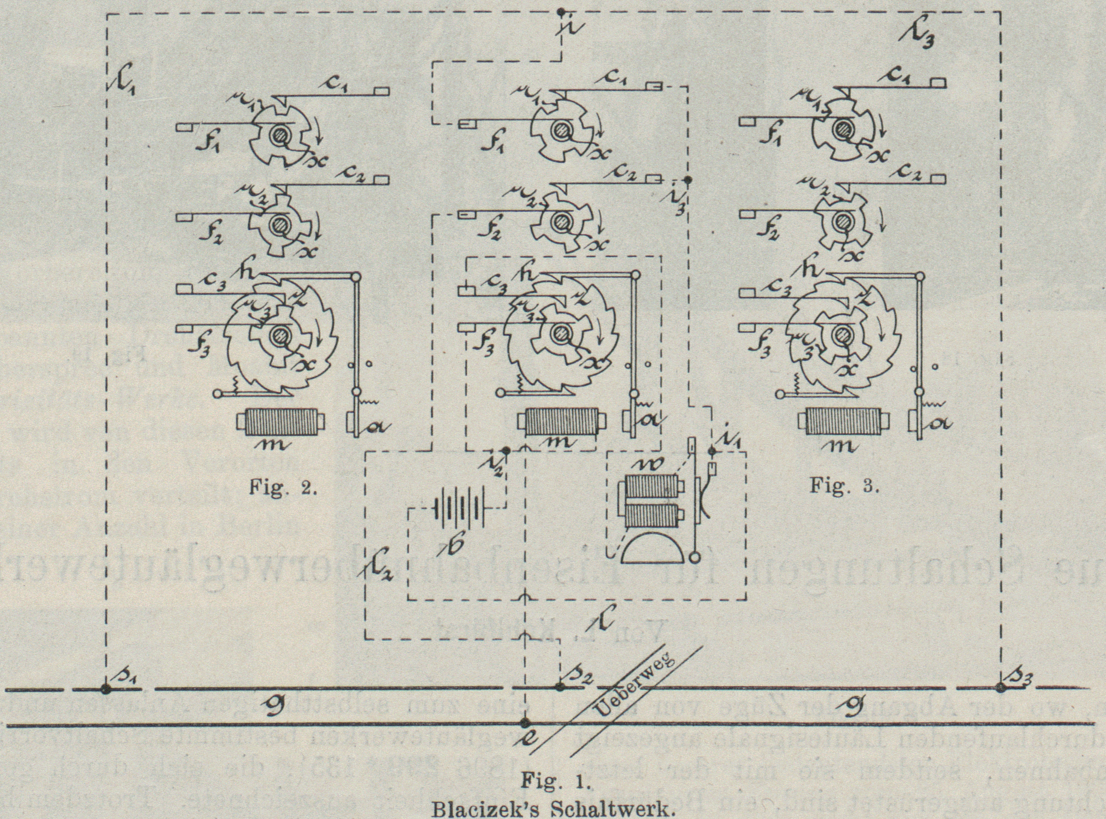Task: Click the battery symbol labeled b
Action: [456, 508]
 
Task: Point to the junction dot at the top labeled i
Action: [560, 11]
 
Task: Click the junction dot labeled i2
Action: [506, 451]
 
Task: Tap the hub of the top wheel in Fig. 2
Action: [279, 134]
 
